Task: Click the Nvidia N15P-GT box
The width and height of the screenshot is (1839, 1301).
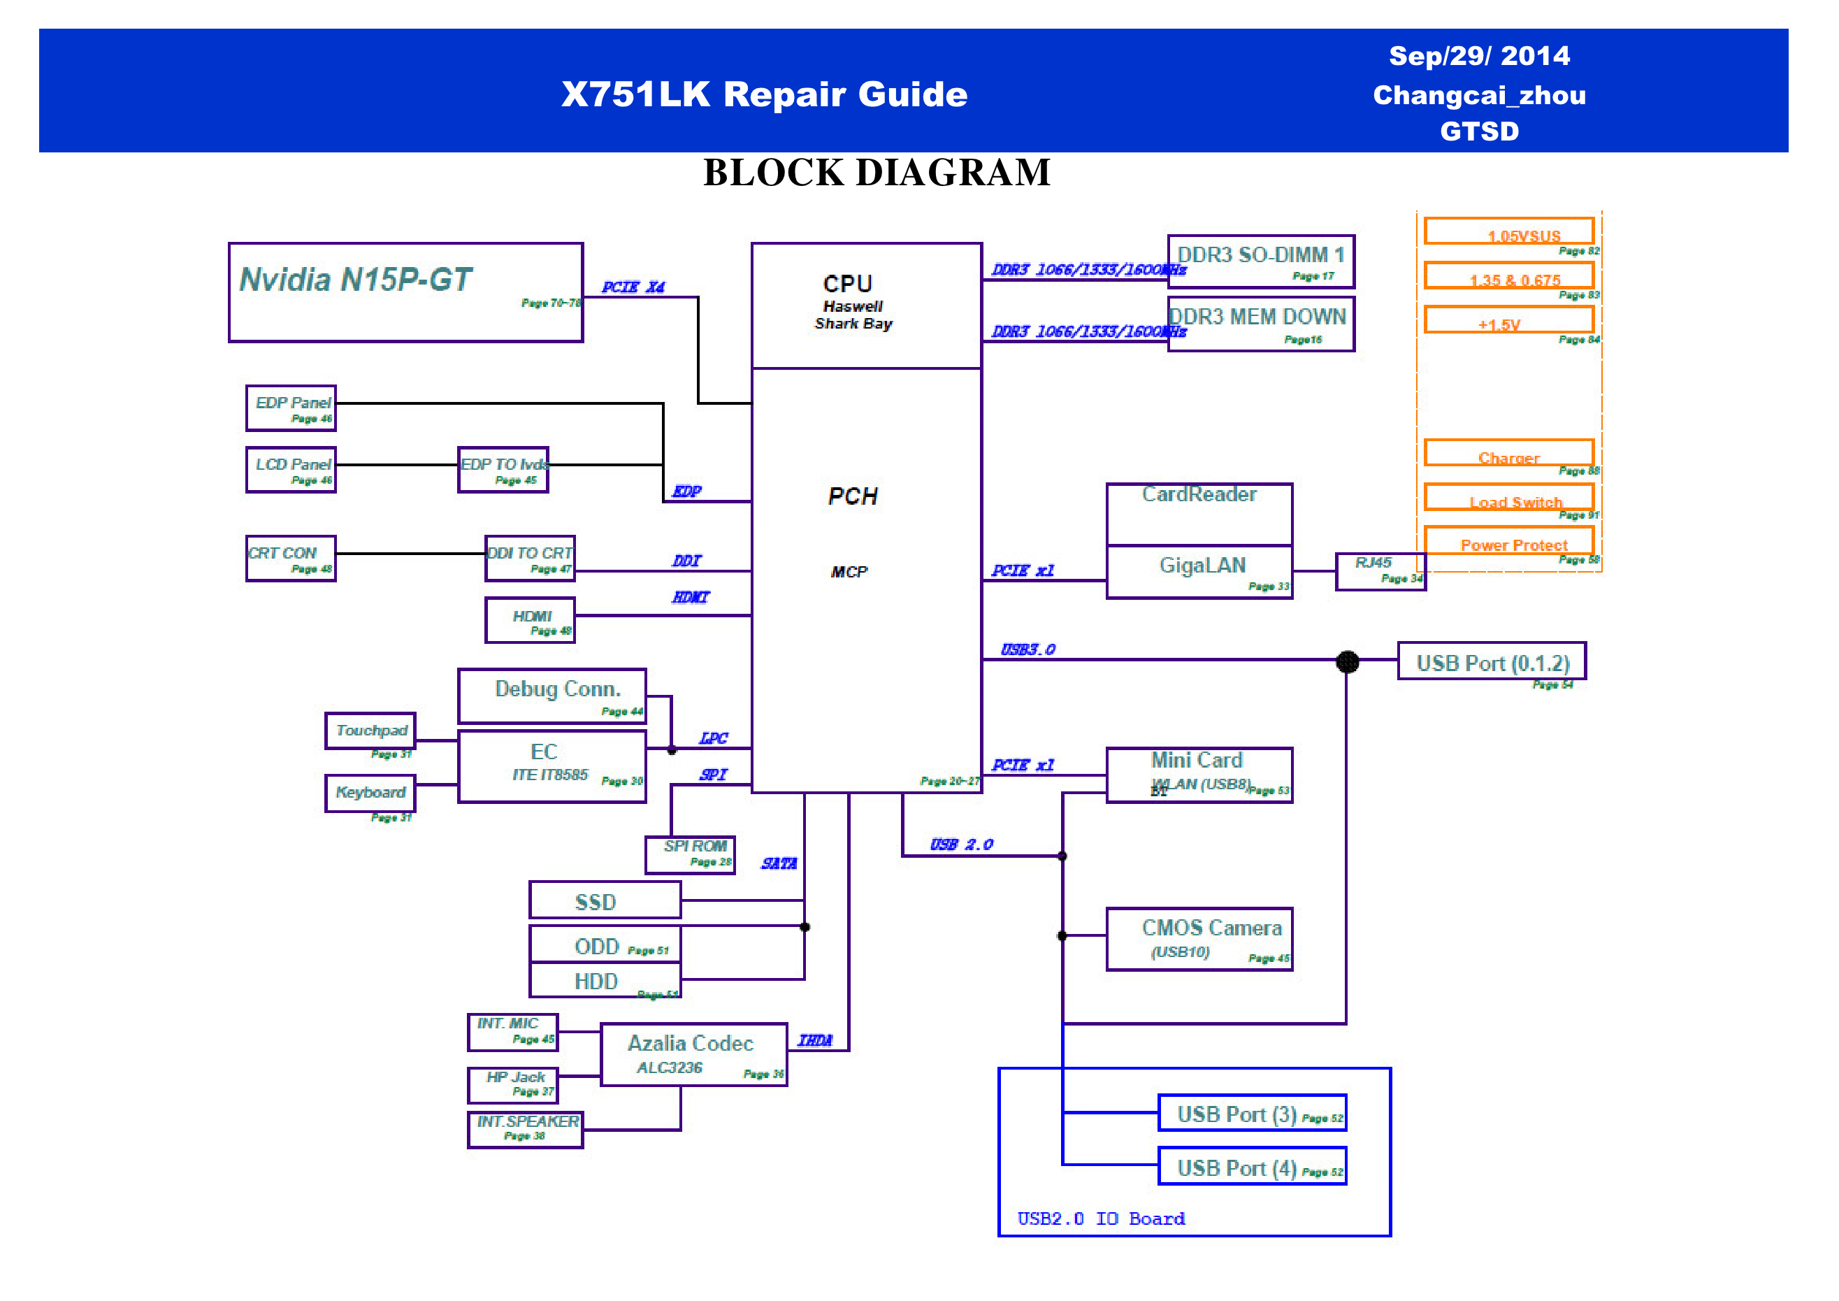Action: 405,292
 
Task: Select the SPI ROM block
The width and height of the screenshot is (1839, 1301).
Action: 690,855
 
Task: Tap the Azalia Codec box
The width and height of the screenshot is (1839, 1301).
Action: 693,1054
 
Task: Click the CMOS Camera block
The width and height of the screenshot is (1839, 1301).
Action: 1199,939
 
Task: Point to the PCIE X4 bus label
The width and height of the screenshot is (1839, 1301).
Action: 633,287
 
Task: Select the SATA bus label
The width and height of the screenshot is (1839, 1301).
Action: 779,863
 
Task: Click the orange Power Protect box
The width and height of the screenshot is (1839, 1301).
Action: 1508,542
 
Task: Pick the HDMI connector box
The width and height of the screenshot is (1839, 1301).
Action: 531,620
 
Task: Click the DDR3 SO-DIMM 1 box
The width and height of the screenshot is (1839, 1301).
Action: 1261,261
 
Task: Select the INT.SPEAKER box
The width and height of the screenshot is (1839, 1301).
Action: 526,1129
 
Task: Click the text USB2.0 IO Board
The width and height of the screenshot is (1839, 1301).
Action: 1100,1219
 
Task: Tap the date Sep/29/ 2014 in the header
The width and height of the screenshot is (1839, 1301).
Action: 1478,56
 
